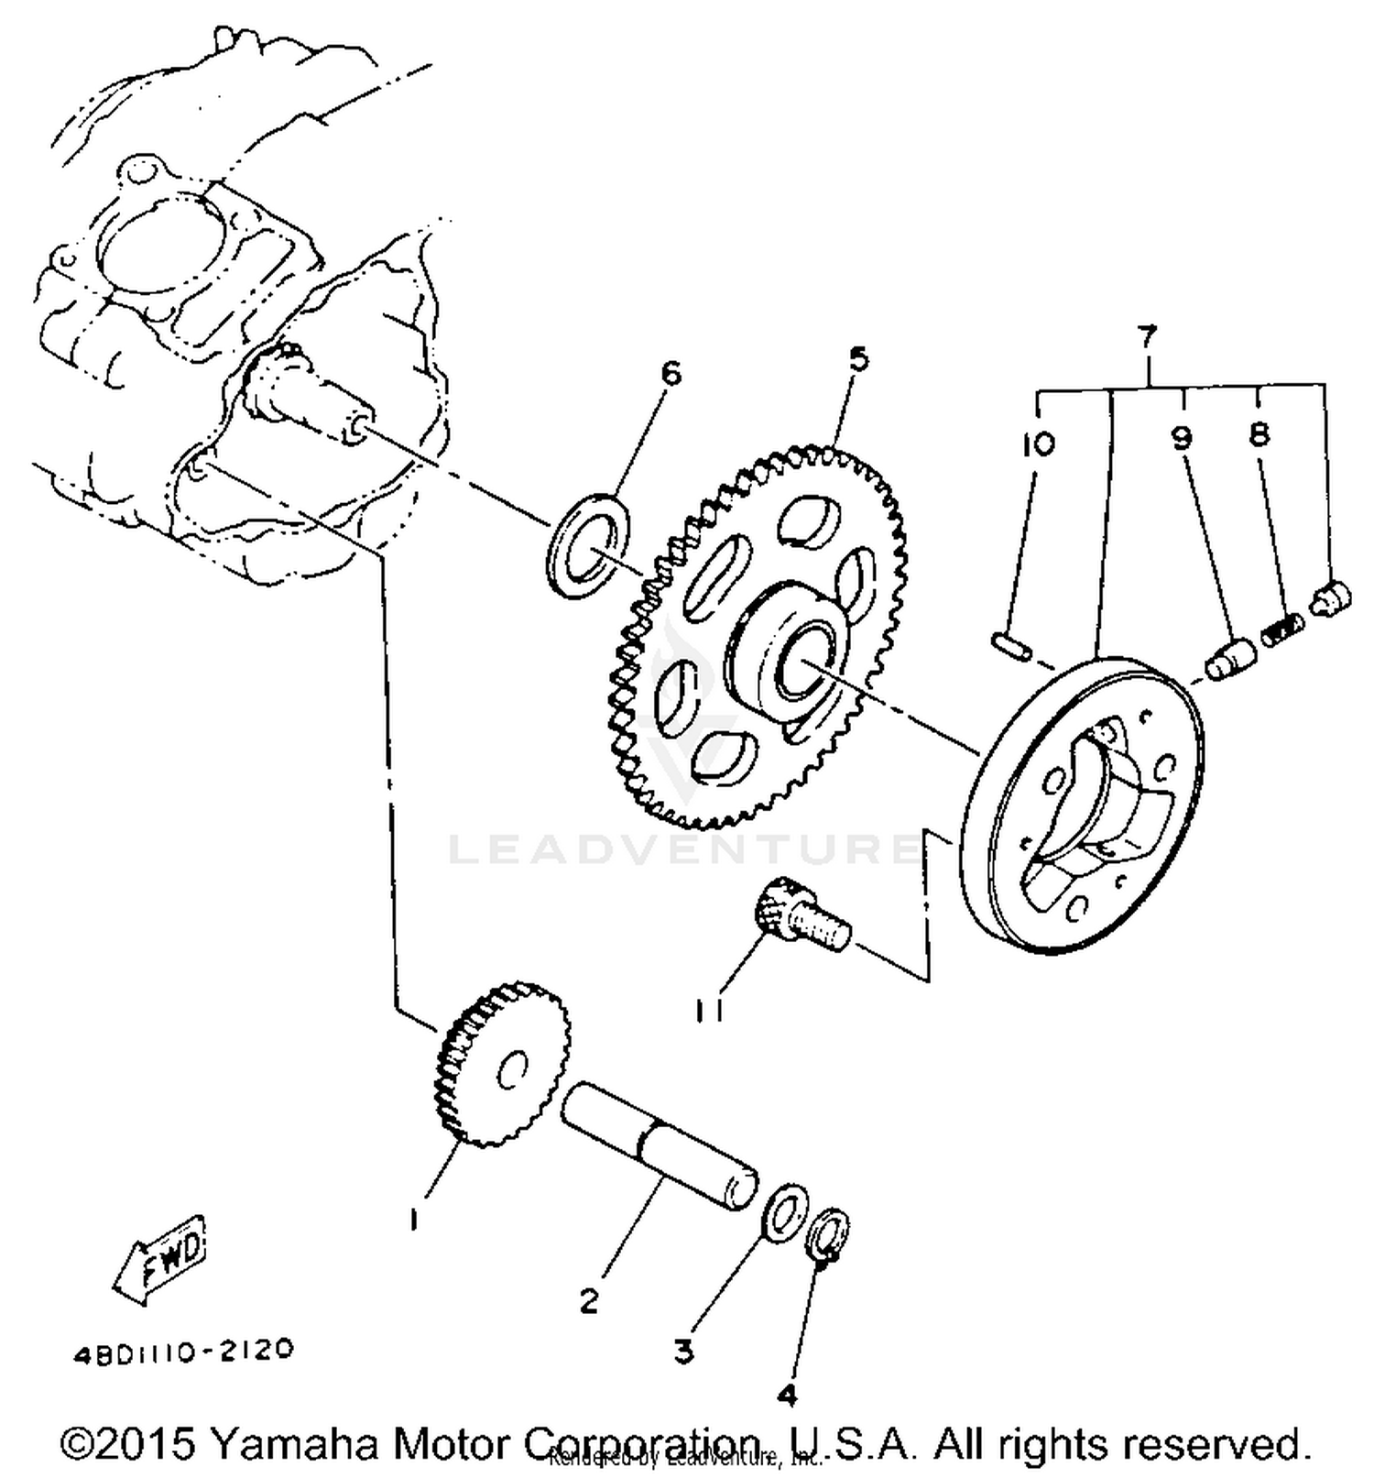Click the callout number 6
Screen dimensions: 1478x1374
click(671, 374)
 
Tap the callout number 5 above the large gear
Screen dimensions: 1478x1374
click(857, 358)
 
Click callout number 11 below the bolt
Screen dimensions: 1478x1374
click(709, 1011)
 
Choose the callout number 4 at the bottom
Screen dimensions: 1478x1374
click(787, 1396)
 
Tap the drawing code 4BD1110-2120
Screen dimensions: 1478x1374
click(184, 1351)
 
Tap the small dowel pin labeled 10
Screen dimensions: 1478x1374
click(1012, 646)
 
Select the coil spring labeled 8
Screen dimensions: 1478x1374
click(1282, 630)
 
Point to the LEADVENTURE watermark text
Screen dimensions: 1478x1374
click(682, 850)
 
